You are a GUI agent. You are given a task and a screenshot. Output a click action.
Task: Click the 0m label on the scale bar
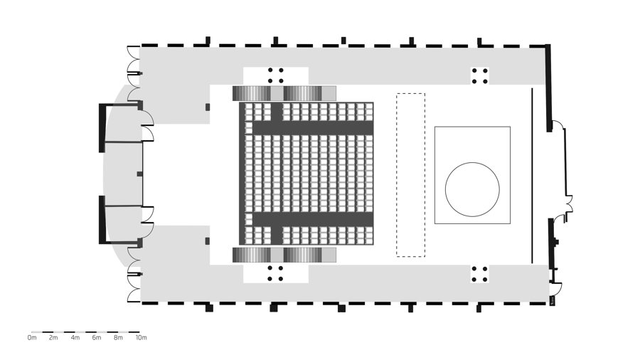32,338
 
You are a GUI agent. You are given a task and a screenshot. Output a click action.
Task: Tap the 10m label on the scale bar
141,338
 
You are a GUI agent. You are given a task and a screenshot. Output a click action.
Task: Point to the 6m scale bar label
97,338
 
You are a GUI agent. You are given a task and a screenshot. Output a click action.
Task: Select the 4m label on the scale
75,338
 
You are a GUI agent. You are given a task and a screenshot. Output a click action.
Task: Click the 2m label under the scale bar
53,338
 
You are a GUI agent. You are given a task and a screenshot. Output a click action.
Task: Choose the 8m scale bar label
118,338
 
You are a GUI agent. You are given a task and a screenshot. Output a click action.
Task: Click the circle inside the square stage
472,189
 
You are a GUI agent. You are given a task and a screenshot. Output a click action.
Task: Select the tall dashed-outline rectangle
410,174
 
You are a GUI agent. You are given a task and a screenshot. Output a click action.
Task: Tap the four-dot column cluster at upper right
480,76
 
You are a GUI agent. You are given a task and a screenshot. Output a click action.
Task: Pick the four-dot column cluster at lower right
480,274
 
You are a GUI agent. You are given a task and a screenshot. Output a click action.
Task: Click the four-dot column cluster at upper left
275,75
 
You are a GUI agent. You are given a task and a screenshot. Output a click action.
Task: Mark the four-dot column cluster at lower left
275,273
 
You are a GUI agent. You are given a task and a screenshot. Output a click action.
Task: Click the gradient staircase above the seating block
284,93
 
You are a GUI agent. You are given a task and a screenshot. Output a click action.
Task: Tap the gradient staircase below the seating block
284,255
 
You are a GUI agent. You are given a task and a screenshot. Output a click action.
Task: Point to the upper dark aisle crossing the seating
313,128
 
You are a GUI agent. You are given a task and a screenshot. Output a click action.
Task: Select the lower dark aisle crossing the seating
313,218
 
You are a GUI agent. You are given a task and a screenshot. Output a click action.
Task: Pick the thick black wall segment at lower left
102,220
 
